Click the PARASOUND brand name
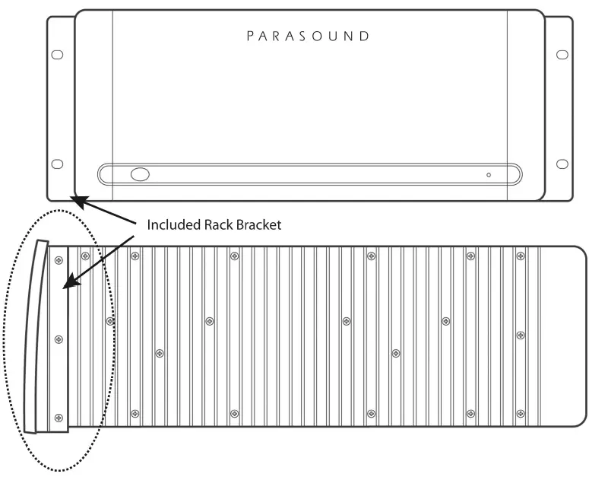tap(308, 36)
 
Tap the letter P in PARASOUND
tap(250, 36)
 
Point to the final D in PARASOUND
tap(364, 36)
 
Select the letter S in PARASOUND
tap(306, 36)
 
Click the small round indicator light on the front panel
tap(489, 175)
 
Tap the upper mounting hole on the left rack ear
tap(57, 55)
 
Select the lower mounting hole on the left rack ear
tap(57, 164)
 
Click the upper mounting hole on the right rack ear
tap(562, 55)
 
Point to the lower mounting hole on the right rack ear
tap(562, 164)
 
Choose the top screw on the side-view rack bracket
tap(59, 260)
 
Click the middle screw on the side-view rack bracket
tap(59, 339)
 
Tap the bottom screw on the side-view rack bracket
tap(59, 418)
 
